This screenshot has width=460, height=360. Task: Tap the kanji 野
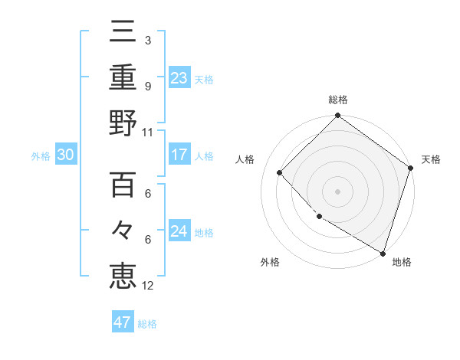123,123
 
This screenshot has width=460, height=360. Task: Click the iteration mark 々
123,229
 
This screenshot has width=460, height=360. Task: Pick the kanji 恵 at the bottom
123,275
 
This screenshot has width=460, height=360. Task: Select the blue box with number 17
179,154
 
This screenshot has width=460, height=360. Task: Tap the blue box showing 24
179,231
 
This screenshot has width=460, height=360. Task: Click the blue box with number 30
65,155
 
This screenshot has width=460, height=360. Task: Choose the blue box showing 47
123,322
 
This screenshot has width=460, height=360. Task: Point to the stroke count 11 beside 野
148,132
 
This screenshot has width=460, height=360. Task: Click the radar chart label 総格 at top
338,100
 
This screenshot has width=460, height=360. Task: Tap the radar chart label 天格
431,159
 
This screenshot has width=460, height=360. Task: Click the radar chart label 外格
269,262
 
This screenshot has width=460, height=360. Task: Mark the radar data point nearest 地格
382,252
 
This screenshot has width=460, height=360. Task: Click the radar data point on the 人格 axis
280,172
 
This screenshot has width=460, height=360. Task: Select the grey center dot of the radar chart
337,191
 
